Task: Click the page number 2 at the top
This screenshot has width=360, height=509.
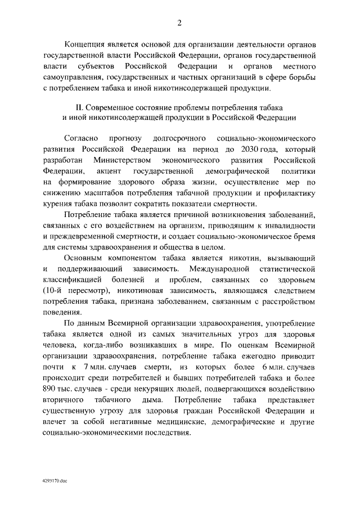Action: click(179, 23)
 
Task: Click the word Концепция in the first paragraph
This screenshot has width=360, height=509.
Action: click(84, 46)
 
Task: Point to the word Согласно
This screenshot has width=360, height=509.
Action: click(82, 138)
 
